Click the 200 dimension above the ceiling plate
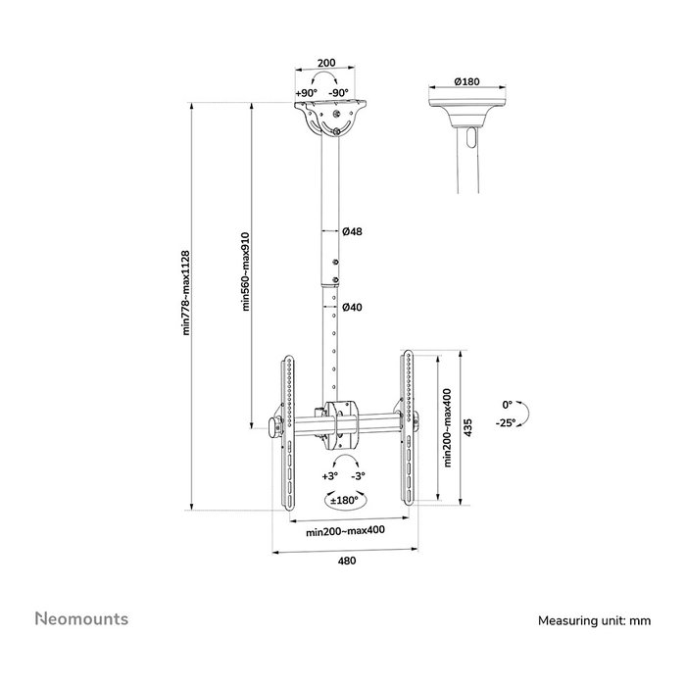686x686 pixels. pyautogui.click(x=326, y=63)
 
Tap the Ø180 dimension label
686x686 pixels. pyautogui.click(x=466, y=81)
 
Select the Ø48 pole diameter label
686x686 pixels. pyautogui.click(x=352, y=231)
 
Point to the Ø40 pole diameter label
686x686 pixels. pyautogui.click(x=352, y=307)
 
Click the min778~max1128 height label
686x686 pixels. pyautogui.click(x=185, y=293)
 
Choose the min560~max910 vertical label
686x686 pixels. pyautogui.click(x=245, y=271)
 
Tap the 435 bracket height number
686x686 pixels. pyautogui.click(x=468, y=427)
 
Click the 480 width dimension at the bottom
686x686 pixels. pyautogui.click(x=347, y=561)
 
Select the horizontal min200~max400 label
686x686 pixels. pyautogui.click(x=345, y=531)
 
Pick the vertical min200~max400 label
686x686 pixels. pyautogui.click(x=447, y=427)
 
